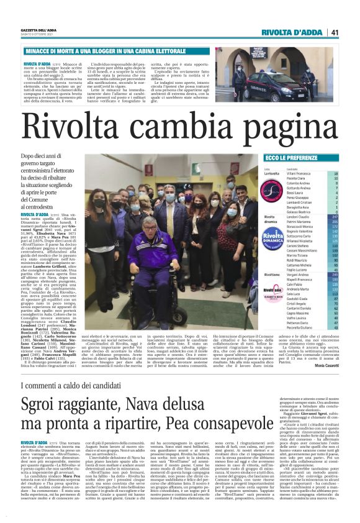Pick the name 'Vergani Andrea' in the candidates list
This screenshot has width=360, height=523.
[x=299, y=274]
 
